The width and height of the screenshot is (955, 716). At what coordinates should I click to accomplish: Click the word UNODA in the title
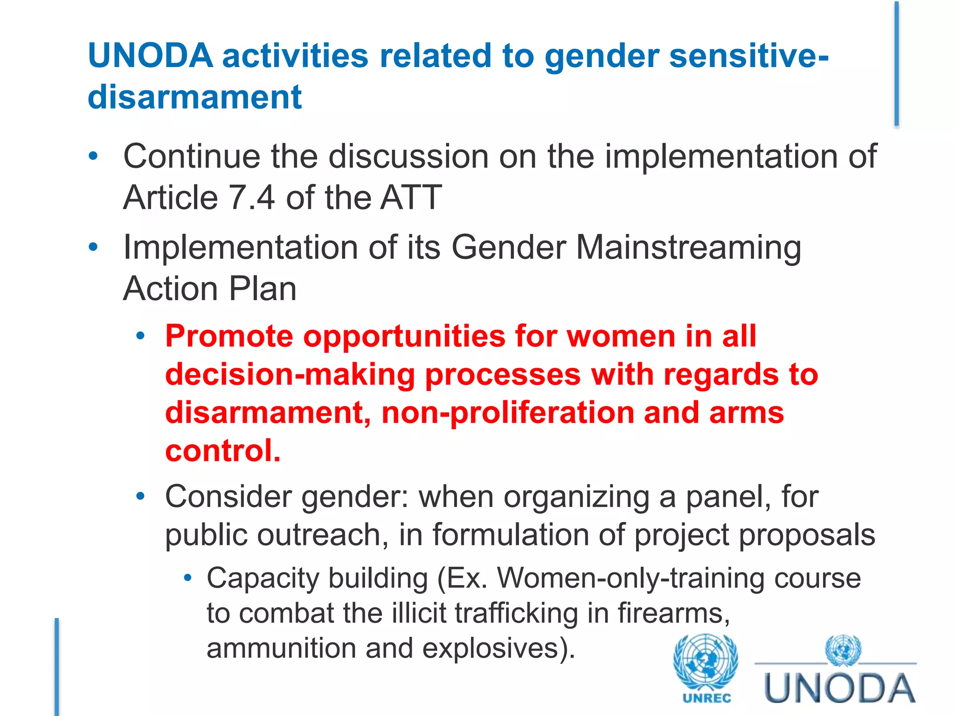coord(150,56)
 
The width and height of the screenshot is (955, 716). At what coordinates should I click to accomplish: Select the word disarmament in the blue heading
coord(195,97)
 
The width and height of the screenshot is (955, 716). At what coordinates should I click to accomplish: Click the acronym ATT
coord(410,198)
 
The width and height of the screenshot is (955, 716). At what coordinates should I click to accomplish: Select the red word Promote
coord(229,337)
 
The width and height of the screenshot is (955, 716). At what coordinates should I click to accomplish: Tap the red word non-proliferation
coord(507,413)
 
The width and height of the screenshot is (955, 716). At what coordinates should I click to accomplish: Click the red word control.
coord(223,451)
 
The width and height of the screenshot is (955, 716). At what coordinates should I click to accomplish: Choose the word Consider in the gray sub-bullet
coord(228,496)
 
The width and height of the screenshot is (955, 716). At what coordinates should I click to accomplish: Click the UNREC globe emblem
coord(706,662)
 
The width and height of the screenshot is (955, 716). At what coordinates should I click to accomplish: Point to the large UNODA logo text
coord(839,689)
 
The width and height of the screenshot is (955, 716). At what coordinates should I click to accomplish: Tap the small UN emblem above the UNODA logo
coord(843,649)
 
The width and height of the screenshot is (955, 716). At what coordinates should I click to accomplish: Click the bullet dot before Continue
coord(93,157)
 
